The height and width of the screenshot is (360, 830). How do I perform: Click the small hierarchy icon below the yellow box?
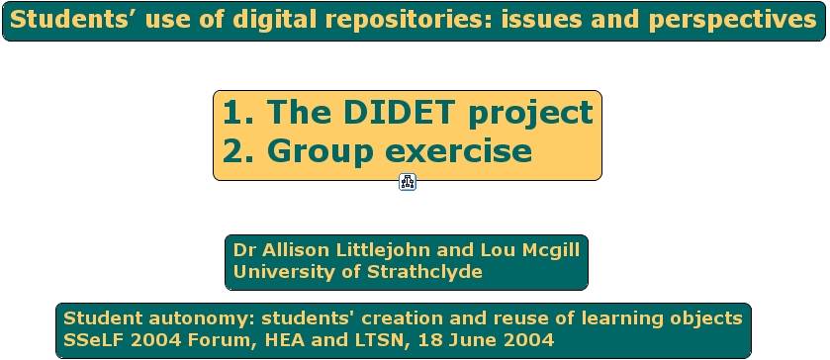[x=407, y=182]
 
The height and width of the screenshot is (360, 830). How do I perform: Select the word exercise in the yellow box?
[x=458, y=151]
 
